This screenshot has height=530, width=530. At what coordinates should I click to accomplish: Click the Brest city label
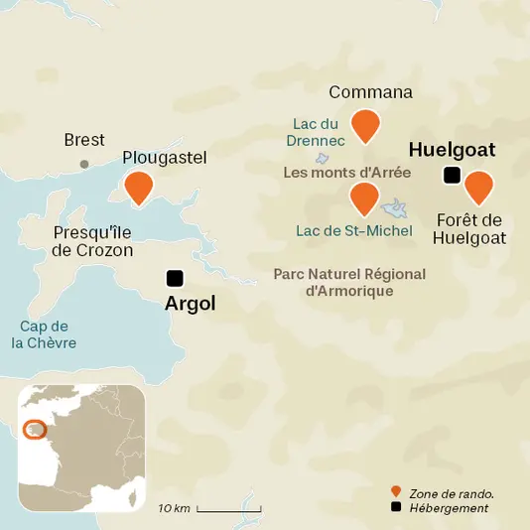tap(84, 140)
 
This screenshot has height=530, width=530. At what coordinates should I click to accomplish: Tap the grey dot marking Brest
tap(84, 164)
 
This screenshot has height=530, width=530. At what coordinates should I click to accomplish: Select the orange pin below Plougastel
tap(139, 186)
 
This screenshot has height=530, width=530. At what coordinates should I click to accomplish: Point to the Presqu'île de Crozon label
tap(92, 240)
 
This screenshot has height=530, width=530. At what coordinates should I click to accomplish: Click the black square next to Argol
tap(176, 278)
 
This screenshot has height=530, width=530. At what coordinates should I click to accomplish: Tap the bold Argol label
tap(190, 303)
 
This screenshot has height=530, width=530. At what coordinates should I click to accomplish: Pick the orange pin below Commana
tap(367, 123)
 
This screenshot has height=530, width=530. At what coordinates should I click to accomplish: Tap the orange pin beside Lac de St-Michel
tap(364, 198)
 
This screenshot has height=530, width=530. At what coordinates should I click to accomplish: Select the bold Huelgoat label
tap(452, 150)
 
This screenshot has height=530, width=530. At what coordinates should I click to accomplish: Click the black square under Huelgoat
tap(452, 176)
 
